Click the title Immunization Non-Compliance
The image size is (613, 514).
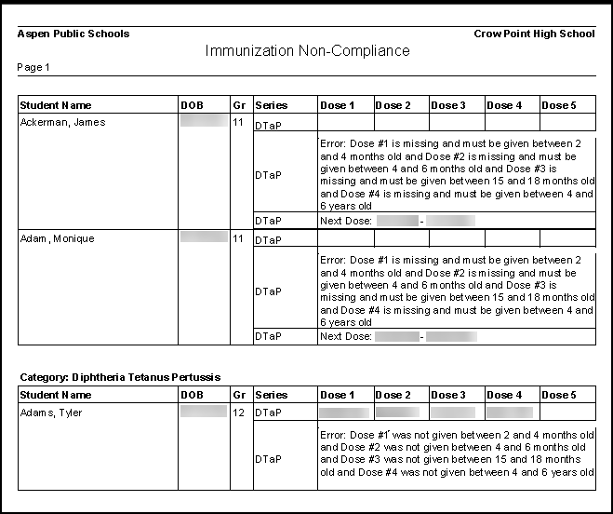307,51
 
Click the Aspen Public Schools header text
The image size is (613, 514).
73,34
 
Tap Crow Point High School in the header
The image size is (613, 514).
534,34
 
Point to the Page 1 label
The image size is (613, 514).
34,68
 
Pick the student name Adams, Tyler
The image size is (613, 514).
52,413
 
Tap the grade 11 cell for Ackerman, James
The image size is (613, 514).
239,122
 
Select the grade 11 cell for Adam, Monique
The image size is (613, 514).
239,238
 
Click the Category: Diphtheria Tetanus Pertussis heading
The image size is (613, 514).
121,377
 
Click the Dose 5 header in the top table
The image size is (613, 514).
559,105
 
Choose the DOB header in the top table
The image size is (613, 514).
192,105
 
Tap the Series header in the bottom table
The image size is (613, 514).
272,395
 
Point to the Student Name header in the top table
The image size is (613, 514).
57,105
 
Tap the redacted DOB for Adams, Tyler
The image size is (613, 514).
204,411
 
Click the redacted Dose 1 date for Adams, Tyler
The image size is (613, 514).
343,412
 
